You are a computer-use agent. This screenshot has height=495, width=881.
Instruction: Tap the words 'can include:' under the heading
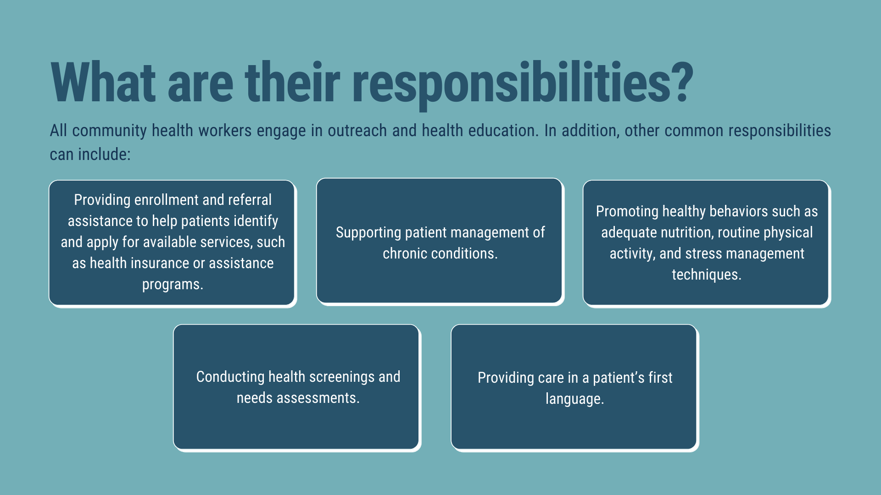click(x=90, y=154)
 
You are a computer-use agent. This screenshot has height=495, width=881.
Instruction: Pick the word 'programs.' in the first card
click(x=173, y=285)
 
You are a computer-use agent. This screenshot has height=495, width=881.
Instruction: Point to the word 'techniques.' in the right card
click(x=707, y=275)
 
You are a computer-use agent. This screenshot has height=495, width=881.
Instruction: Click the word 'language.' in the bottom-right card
click(x=574, y=399)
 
